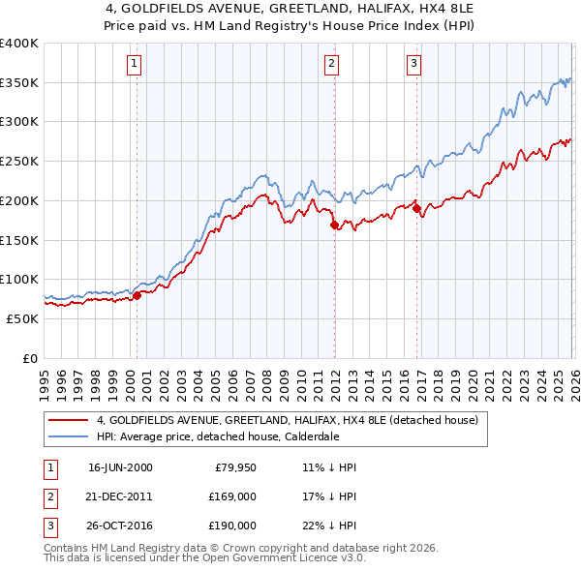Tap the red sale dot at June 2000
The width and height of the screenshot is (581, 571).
pos(137,296)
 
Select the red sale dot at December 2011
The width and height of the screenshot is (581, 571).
pos(334,225)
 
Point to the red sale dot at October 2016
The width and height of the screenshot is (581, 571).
pos(416,208)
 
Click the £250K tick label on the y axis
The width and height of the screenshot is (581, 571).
pos(18,161)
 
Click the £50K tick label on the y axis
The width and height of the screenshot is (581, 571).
pos(21,318)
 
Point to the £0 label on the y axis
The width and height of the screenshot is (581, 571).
pos(29,358)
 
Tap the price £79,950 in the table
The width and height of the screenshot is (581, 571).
pos(232,466)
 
